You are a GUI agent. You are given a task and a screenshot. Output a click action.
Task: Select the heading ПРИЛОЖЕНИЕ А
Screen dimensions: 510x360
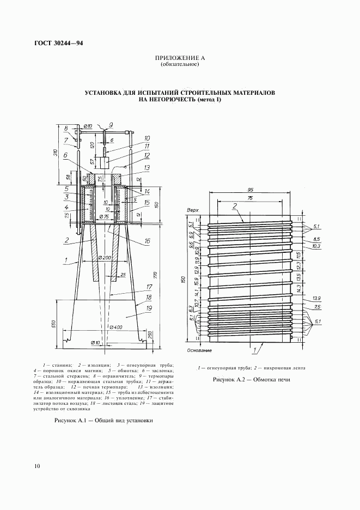[179, 58]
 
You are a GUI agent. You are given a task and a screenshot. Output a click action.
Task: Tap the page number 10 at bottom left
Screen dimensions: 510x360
[36, 466]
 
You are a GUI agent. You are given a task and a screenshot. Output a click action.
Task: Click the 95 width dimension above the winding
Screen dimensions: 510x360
[250, 190]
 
